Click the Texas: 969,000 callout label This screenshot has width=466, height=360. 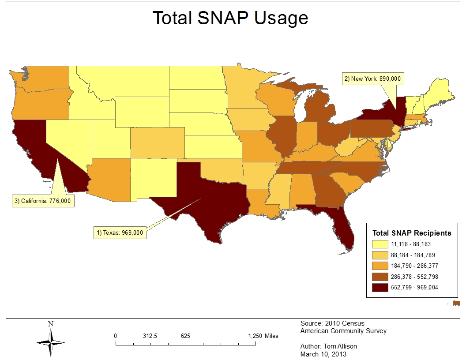coord(120,232)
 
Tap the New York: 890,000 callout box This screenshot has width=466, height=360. coord(373,79)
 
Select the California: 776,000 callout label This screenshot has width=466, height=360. coord(43,201)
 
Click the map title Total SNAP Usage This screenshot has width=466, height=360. coord(230,18)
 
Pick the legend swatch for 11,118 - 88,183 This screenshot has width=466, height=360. coord(380,244)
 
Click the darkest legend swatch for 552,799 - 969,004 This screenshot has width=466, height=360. coord(380,288)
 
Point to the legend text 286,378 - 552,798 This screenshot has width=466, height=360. coord(414,277)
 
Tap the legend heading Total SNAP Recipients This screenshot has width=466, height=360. coord(412,233)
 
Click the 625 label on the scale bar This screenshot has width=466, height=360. coord(185,336)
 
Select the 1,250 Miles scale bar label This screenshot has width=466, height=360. coord(263,336)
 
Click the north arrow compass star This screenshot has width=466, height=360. coord(51,343)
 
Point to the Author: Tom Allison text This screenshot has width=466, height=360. coord(328,346)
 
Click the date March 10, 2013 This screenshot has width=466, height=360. coord(323,354)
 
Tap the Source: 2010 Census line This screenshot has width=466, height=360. coord(332,323)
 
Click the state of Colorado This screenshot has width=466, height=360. coord(158,143)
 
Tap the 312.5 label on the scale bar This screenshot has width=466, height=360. coord(150,336)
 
